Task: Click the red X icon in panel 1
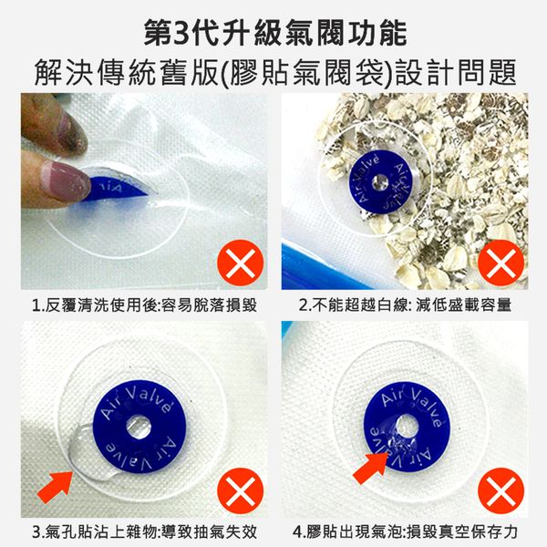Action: [x=241, y=263]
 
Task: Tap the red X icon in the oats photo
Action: [x=501, y=263]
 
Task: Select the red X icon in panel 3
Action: [x=241, y=490]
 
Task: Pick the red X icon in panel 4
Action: [x=501, y=490]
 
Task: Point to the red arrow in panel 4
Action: [x=371, y=468]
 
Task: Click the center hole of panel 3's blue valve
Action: [x=139, y=427]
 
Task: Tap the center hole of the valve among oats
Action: [x=379, y=181]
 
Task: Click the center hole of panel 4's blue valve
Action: [x=404, y=425]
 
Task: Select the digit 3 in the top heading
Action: [x=181, y=34]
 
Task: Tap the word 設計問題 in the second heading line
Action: [x=456, y=72]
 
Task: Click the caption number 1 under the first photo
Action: [x=36, y=306]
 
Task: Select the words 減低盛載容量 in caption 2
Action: [x=463, y=304]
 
